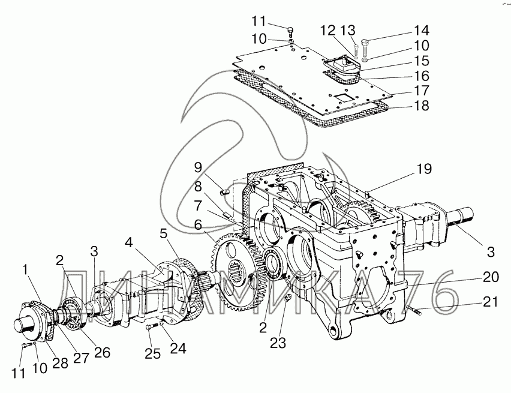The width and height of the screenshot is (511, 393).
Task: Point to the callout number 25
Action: click(153, 353)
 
